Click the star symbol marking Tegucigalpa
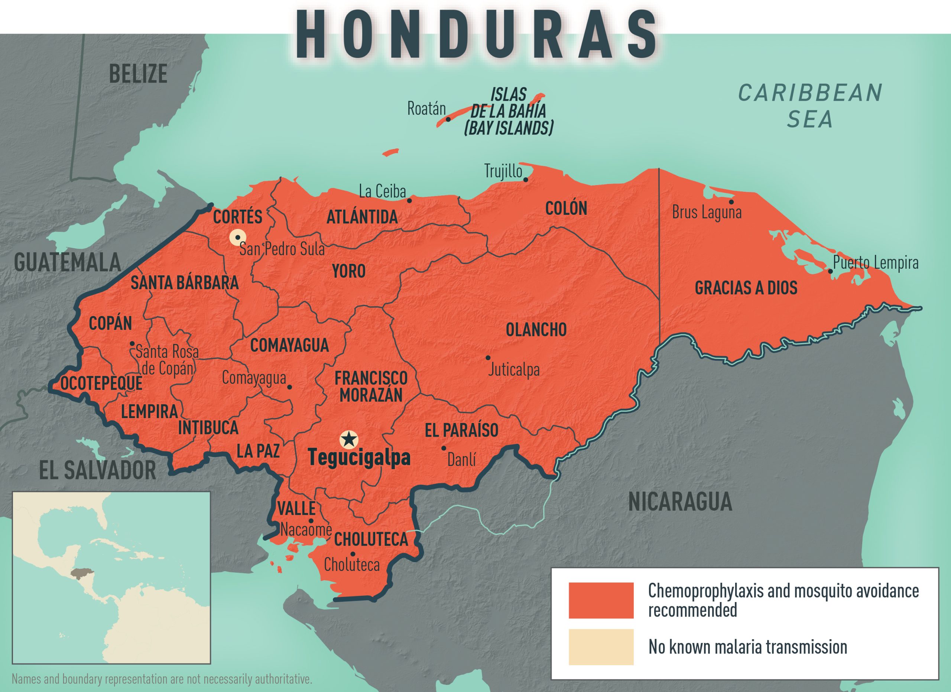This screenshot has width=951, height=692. point(348,440)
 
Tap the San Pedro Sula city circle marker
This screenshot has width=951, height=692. point(238,237)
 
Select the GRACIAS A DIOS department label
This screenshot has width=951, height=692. point(746,288)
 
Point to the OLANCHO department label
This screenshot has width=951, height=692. point(536,330)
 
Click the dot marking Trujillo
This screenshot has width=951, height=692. point(525,180)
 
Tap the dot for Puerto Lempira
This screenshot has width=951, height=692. point(830,271)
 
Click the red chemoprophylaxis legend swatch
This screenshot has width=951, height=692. point(601,600)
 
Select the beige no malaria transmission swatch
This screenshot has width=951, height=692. point(601,647)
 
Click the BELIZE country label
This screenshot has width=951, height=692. point(138,74)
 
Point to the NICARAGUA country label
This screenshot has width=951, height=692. point(680,502)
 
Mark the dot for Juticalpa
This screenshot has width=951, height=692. point(488,358)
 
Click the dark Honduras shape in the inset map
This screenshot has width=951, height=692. point(81,573)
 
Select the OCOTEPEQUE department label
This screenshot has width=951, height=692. point(101,383)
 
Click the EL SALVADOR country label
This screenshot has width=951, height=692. point(97,470)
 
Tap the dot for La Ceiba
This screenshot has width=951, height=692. point(410,200)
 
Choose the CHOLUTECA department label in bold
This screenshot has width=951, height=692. point(371,539)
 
